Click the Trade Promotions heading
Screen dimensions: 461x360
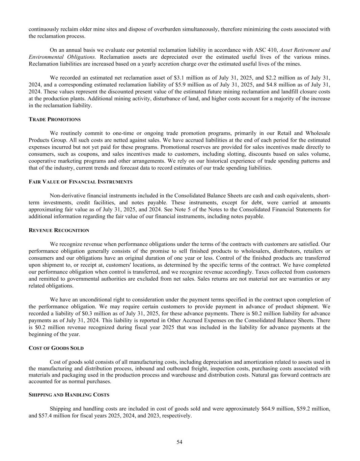[55, 120]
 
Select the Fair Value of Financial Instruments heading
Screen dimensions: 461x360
[81, 182]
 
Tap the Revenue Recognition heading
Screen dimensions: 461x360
[59, 230]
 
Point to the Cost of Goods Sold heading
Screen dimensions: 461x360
[56, 348]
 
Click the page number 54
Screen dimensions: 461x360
[179, 442]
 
